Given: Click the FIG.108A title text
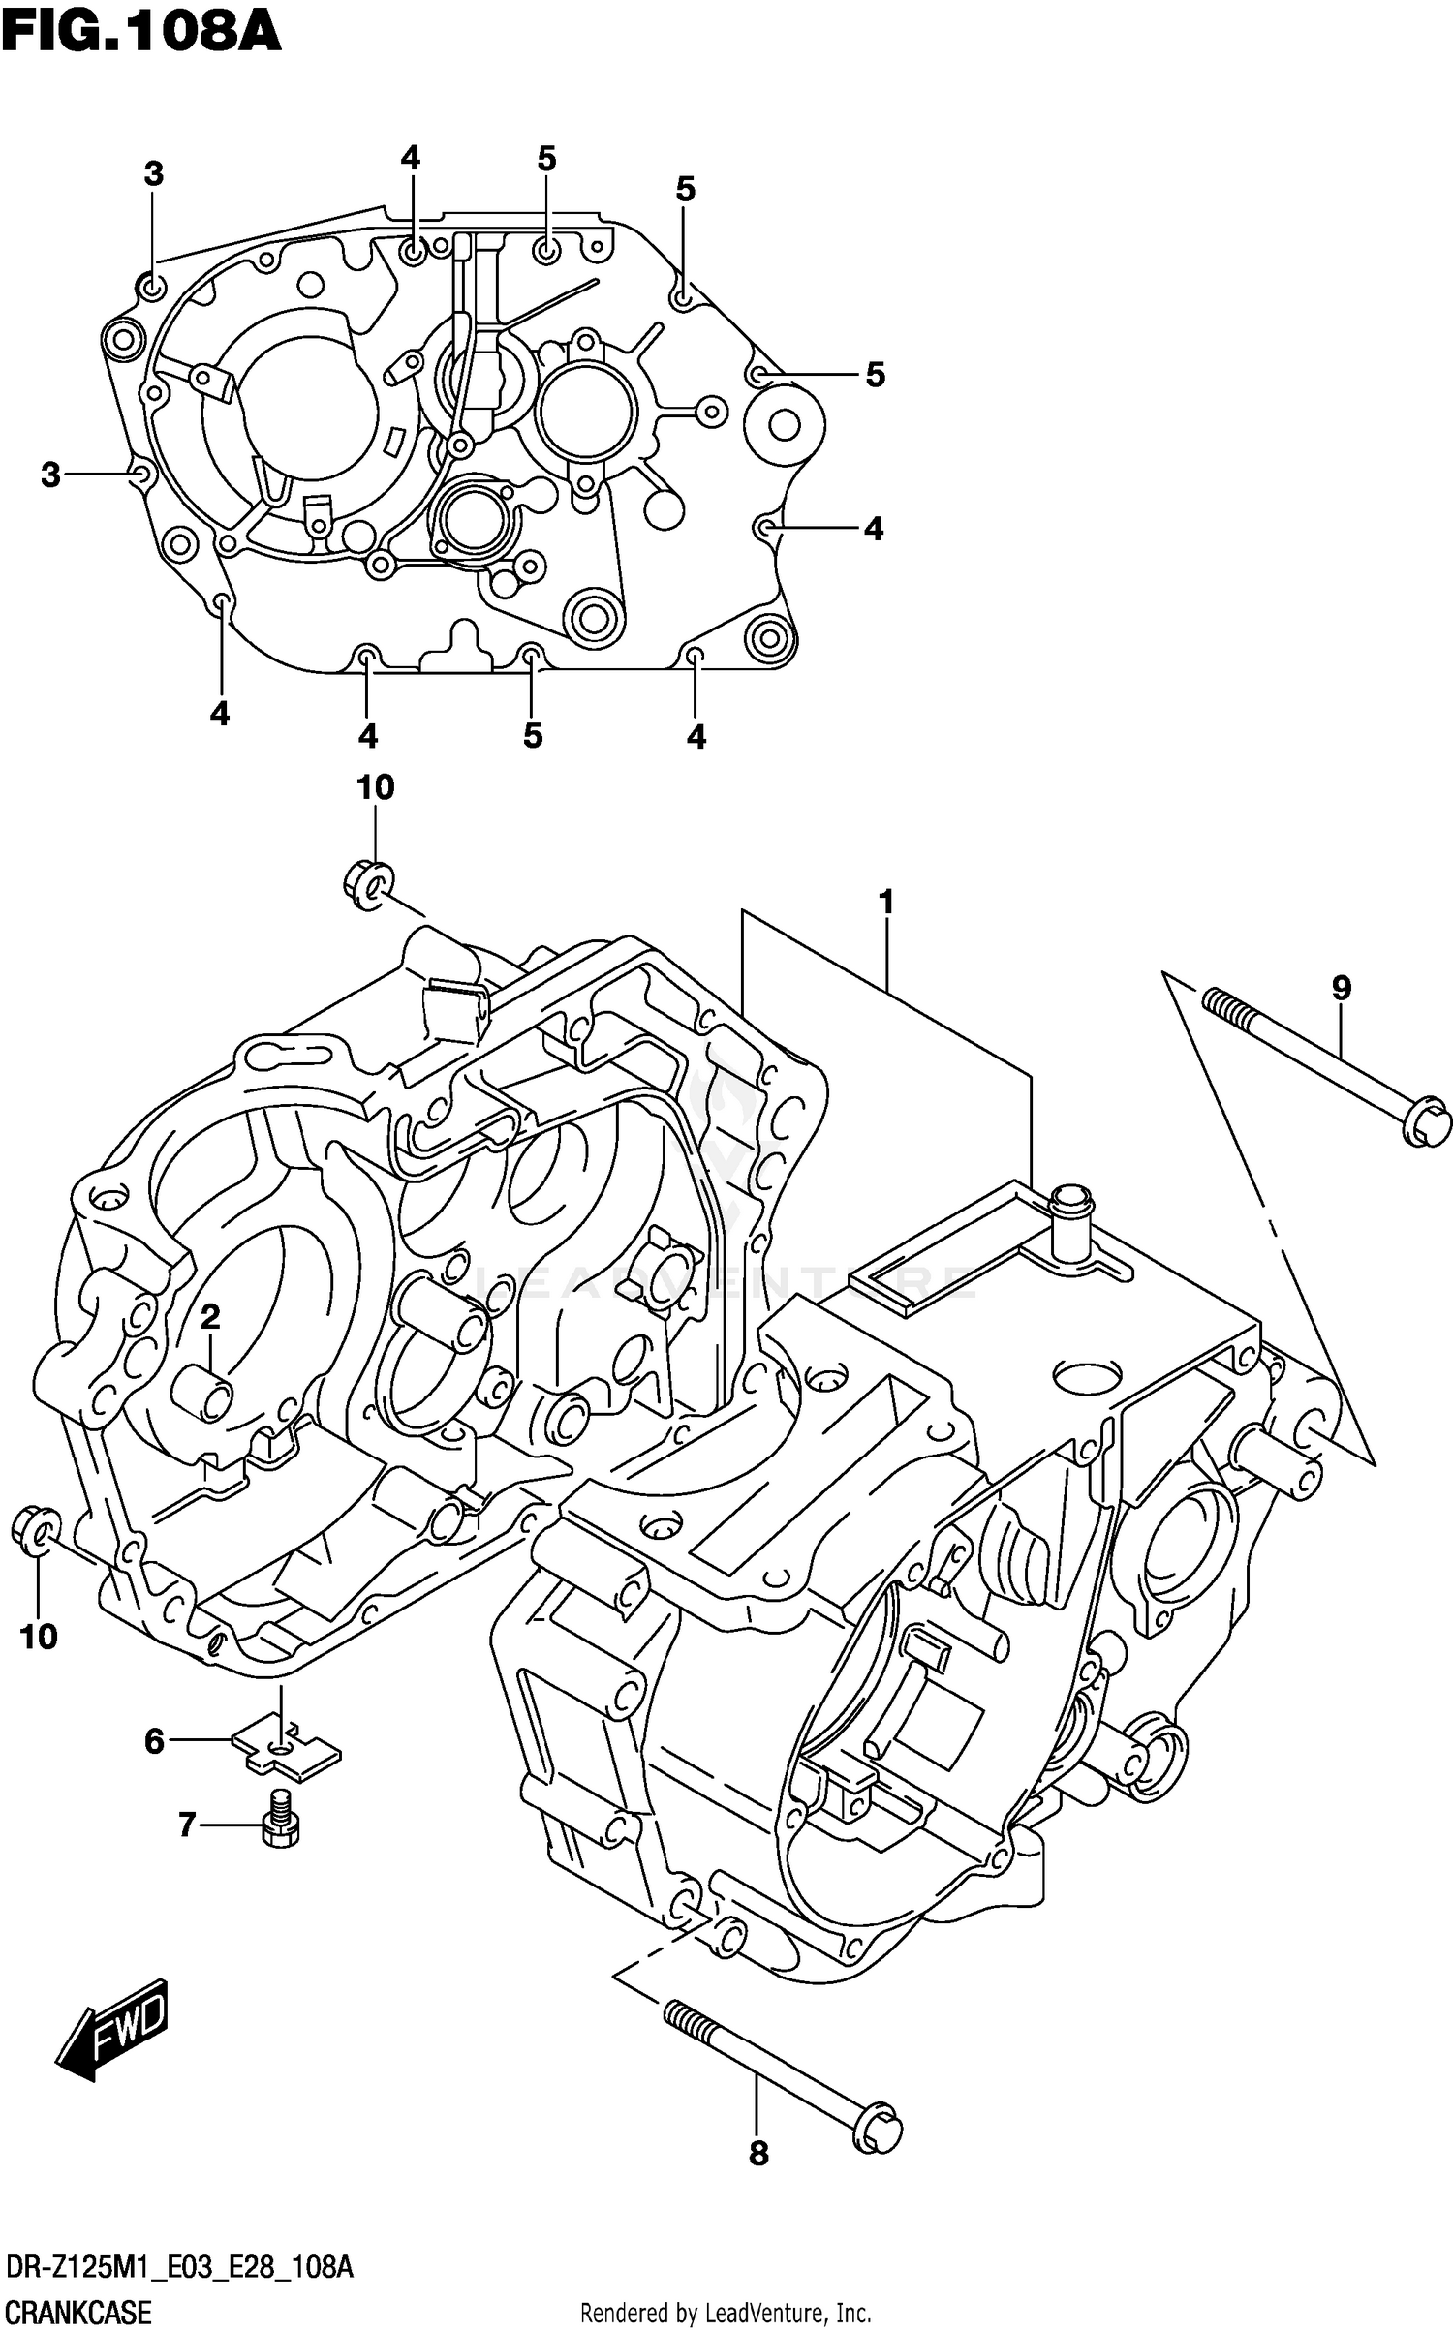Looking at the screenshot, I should pos(141,33).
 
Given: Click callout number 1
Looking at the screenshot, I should pos(885,903).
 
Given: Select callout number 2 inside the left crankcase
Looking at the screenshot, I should pos(210,1316).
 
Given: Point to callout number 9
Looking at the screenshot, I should pos(1341,988).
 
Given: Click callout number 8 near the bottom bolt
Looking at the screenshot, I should pos(758,2153).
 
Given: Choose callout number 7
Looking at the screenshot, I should pos(187,1825).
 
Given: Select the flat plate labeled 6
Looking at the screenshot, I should pos(287,1749).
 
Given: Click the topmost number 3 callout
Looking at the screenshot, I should pos(153,174).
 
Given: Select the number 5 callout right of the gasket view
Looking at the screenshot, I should pos(875,375).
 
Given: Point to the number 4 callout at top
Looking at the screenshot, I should pos(411,158).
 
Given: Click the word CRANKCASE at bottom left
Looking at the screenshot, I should pos(78,2313).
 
